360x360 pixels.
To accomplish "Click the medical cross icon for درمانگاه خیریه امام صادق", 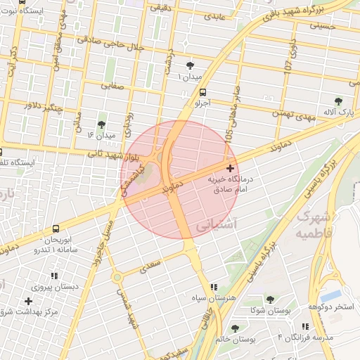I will pyautogui.click(x=231, y=168).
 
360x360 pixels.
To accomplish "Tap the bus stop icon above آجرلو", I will pyautogui.click(x=203, y=91).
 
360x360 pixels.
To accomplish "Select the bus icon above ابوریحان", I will pyautogui.click(x=56, y=229).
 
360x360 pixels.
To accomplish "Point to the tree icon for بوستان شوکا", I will pyautogui.click(x=270, y=300).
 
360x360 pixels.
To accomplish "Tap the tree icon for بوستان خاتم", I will pyautogui.click(x=235, y=328).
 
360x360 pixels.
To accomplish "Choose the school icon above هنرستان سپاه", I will pyautogui.click(x=214, y=287).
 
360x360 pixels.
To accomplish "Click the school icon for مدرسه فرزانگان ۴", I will pyautogui.click(x=305, y=327).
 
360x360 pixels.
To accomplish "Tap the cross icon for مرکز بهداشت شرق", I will pyautogui.click(x=28, y=301).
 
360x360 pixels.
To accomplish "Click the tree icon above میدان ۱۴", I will pyautogui.click(x=102, y=124).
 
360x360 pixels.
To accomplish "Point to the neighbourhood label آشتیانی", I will pyautogui.click(x=212, y=226).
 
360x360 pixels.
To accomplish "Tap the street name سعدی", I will pyautogui.click(x=150, y=266).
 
